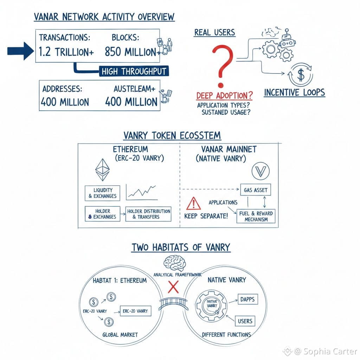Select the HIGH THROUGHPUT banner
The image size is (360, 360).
click(133, 71)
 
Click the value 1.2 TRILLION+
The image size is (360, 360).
click(66, 52)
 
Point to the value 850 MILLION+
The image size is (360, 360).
click(130, 52)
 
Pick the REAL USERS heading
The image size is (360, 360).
click(214, 33)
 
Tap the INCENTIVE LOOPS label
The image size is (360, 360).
click(294, 92)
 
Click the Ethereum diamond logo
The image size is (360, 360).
click(102, 169)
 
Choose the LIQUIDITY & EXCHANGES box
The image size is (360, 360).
click(102, 193)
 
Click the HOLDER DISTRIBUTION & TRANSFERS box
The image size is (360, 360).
click(148, 214)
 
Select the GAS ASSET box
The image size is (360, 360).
click(256, 190)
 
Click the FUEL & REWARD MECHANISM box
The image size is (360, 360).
click(256, 216)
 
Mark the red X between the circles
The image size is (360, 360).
click(173, 287)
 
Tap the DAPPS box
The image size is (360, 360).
click(248, 300)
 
